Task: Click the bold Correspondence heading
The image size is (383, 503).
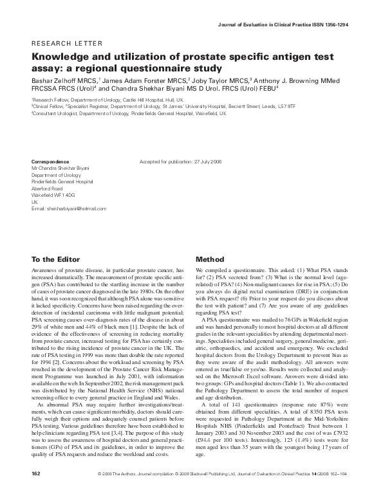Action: coord(50,161)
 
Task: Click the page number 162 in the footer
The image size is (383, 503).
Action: coord(36,492)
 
